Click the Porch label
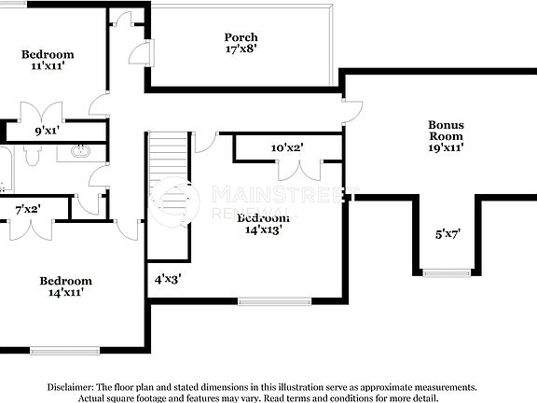[241, 37]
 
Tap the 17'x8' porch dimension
[241, 49]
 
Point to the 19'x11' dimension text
[446, 147]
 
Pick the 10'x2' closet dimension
[287, 147]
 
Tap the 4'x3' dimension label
[168, 277]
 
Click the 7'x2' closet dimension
[27, 209]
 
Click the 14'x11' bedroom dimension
[65, 293]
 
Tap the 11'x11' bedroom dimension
[48, 66]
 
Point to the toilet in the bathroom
[31, 156]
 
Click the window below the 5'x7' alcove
[445, 273]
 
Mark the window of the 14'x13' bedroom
[274, 300]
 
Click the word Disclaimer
[68, 386]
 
